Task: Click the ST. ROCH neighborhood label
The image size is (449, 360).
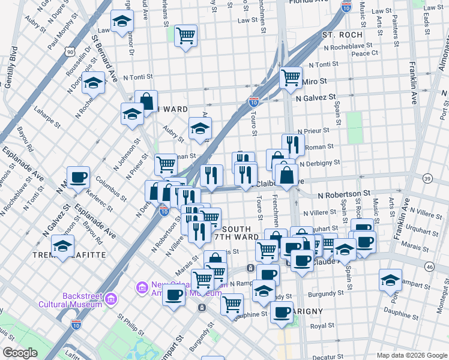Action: pyautogui.click(x=342, y=35)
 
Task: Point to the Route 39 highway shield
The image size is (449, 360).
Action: pyautogui.click(x=427, y=178)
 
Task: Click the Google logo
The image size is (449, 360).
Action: pyautogui.click(x=20, y=353)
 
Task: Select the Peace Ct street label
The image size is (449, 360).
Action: pyautogui.click(x=364, y=53)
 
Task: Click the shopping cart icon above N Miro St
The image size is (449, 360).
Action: pyautogui.click(x=291, y=76)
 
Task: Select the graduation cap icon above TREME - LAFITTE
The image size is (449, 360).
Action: pyautogui.click(x=62, y=246)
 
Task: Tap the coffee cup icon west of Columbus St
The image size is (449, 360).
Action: pyautogui.click(x=78, y=178)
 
